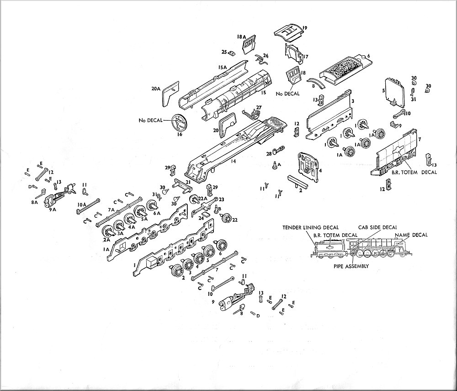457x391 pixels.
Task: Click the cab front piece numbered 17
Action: [293, 56]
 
